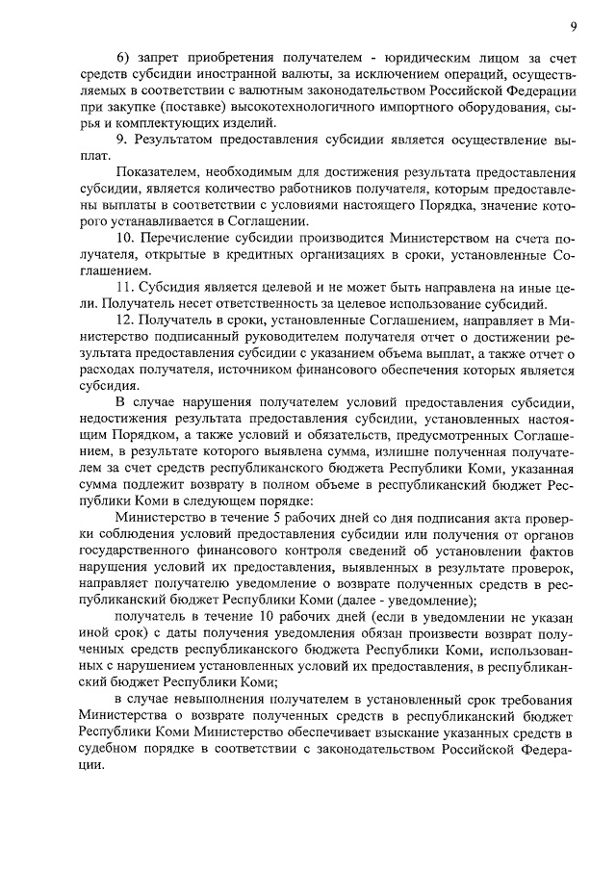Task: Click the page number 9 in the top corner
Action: (x=572, y=26)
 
